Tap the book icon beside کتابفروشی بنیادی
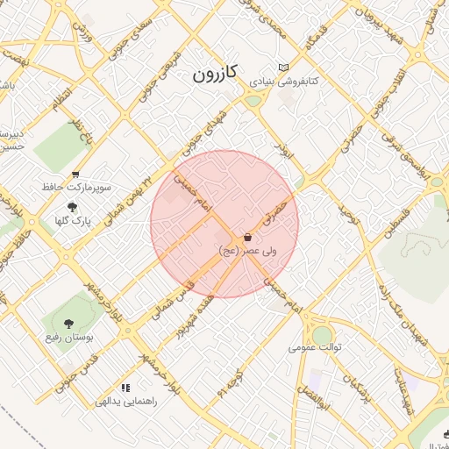[x=282, y=68]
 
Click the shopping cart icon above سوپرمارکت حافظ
[x=75, y=175]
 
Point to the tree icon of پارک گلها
[x=72, y=206]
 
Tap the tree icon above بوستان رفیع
[x=69, y=323]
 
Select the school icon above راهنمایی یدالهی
[x=126, y=387]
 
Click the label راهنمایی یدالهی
[x=125, y=401]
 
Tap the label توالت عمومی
[x=315, y=346]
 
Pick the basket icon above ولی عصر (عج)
[x=248, y=237]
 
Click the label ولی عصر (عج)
[x=248, y=251]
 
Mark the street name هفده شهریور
[x=195, y=314]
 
